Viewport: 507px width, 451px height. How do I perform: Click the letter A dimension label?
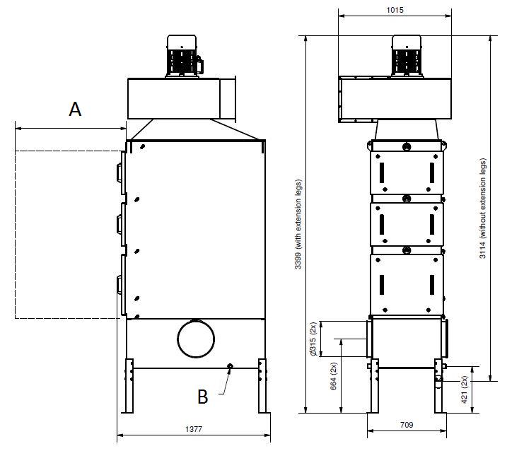tap(75, 109)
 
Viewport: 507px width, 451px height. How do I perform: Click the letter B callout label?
tap(203, 397)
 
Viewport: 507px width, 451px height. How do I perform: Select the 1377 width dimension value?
tap(194, 429)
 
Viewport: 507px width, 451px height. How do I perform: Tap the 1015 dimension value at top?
tap(395, 10)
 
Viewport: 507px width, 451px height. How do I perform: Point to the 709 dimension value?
tap(407, 424)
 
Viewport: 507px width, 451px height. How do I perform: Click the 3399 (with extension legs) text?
tap(298, 224)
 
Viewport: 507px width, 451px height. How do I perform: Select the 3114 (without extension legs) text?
tap(482, 209)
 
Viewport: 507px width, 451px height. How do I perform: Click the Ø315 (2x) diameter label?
tap(313, 339)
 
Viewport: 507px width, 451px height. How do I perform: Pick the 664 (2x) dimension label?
tap(334, 376)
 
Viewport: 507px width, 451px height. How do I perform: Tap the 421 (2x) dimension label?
tap(464, 389)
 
